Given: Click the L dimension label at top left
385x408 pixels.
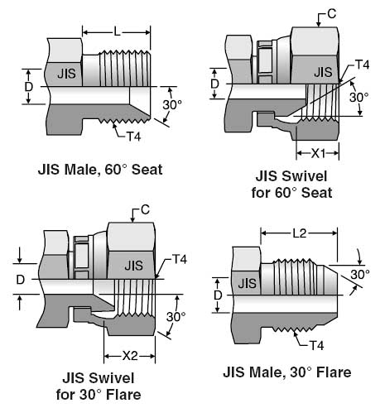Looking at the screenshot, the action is click(x=118, y=32).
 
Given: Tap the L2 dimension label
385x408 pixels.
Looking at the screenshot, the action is click(x=300, y=233).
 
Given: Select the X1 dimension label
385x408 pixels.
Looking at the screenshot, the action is click(x=319, y=153).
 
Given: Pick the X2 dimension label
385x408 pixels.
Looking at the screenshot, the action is click(x=130, y=356).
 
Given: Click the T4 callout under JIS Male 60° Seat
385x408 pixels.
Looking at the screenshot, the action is click(x=133, y=137).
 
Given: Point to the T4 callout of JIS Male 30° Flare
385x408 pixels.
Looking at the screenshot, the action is click(x=316, y=345).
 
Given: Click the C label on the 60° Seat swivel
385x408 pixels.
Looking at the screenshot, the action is click(x=331, y=14).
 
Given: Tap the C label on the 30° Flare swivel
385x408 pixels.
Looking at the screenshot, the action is click(x=145, y=209).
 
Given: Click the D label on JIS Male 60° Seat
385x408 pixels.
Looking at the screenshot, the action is click(x=29, y=87).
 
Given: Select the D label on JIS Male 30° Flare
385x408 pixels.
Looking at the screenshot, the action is click(x=218, y=295).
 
